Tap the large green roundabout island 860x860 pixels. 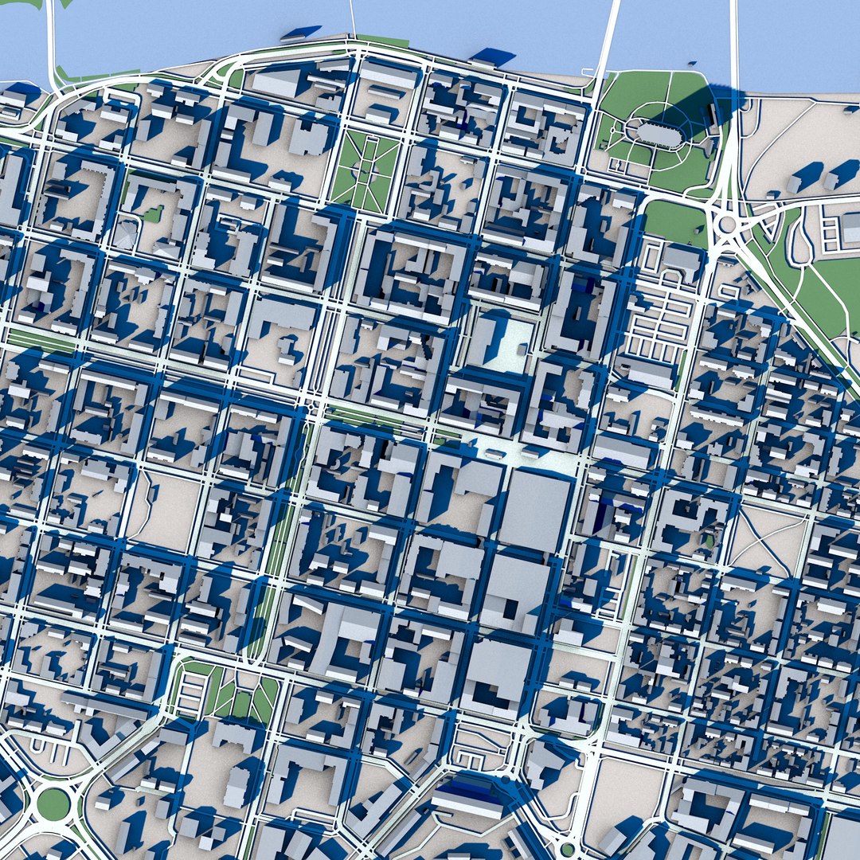coord(53,803)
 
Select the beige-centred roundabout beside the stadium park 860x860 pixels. coord(726,224)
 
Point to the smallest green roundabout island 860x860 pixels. coord(567,849)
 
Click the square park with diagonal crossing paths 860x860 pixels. coord(365,171)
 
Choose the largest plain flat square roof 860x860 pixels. coord(535,510)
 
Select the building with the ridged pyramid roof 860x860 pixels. coord(125,235)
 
